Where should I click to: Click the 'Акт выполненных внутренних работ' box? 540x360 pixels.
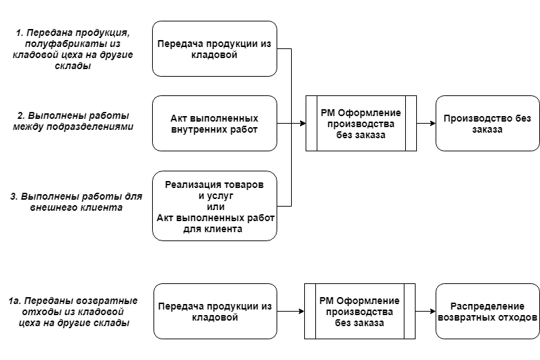[x=214, y=123]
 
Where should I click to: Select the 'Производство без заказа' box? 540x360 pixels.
[x=487, y=123]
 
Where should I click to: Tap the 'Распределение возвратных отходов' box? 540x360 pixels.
[x=487, y=311]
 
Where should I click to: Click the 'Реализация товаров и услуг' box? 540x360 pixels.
[x=214, y=206]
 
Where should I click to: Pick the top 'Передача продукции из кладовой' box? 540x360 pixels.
[x=214, y=48]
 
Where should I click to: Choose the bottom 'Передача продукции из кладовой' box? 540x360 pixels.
[x=214, y=311]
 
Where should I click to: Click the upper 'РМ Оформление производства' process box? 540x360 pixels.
[x=361, y=123]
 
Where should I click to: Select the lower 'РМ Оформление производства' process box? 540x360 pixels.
[x=360, y=311]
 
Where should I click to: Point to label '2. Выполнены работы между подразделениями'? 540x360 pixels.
[x=73, y=121]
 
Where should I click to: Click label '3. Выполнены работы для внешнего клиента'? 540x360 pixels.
[x=76, y=201]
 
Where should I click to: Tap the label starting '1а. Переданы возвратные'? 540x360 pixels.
[x=73, y=311]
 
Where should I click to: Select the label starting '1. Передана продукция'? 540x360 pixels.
[x=73, y=49]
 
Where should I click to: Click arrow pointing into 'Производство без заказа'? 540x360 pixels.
[x=426, y=123]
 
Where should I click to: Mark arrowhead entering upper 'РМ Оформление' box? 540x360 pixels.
[x=301, y=123]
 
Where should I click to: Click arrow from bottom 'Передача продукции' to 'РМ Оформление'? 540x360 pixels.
[x=290, y=311]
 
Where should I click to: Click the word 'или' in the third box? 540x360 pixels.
[x=215, y=206]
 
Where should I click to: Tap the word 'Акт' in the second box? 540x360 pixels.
[x=179, y=117]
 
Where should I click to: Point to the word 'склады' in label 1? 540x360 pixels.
[x=73, y=66]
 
